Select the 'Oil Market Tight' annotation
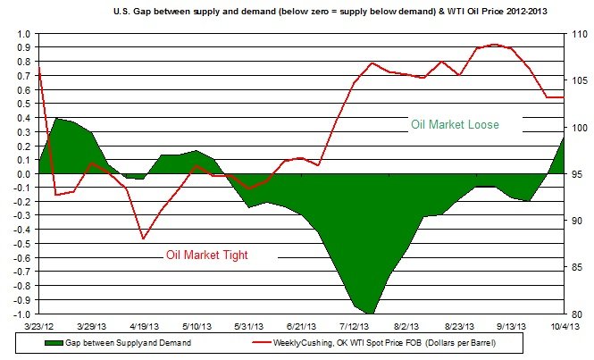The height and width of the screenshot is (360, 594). (206, 255)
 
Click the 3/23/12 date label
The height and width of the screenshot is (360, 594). (39, 327)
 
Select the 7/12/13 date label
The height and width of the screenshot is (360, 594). (356, 327)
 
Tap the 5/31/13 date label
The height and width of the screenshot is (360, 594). (251, 327)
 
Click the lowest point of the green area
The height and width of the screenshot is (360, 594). (369, 313)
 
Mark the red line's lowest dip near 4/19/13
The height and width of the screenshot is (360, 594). (143, 239)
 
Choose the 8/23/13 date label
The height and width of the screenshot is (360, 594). (460, 327)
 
